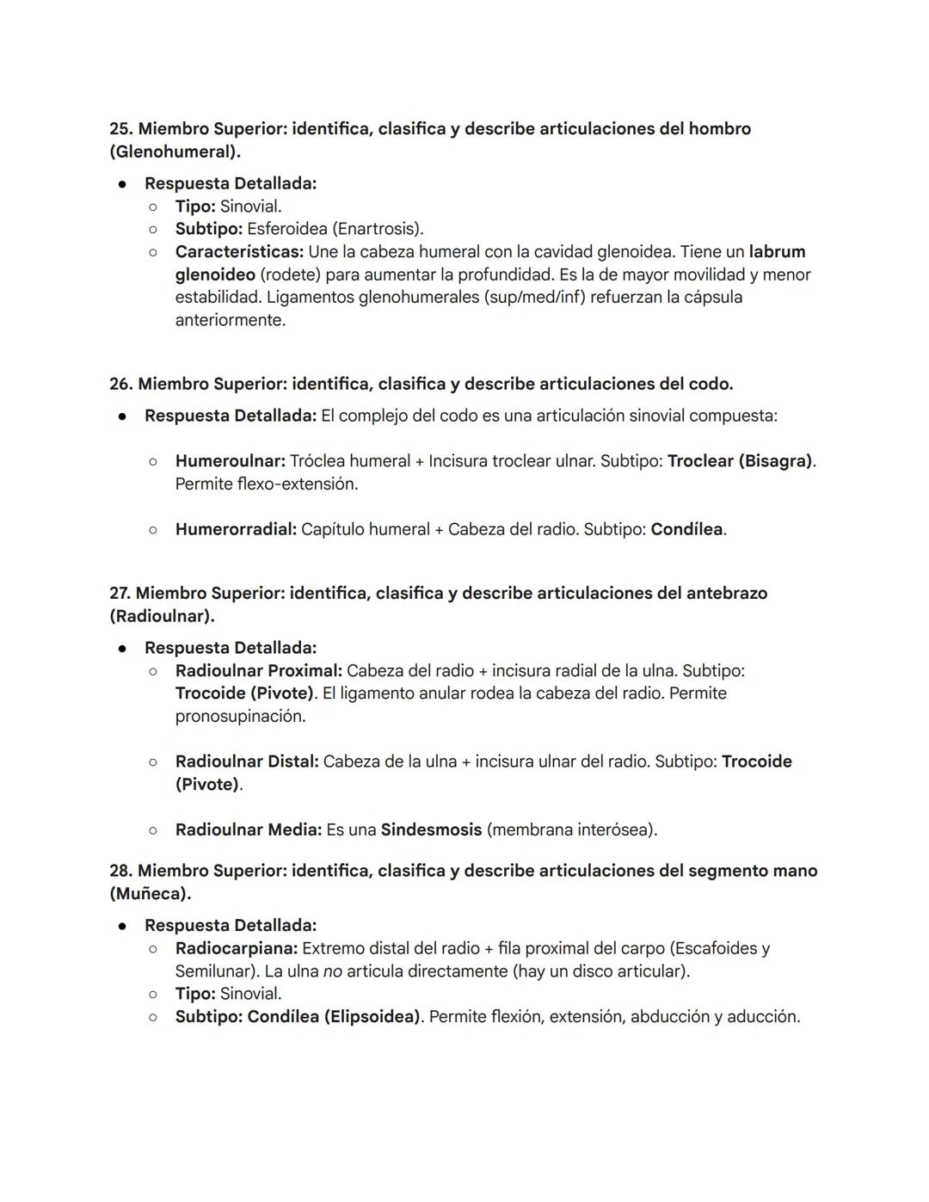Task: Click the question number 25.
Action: [x=120, y=129]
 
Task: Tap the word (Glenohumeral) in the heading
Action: [x=174, y=152]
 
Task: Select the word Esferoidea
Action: [x=286, y=229]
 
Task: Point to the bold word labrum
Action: [x=777, y=252]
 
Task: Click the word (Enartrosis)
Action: [x=378, y=229]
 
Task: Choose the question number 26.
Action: [x=120, y=384]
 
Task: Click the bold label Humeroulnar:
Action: [x=230, y=461]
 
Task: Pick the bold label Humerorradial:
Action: [x=236, y=529]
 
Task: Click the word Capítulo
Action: [x=335, y=529]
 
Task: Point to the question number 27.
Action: [x=120, y=593]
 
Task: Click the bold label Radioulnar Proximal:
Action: [x=258, y=670]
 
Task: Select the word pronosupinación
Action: [x=240, y=716]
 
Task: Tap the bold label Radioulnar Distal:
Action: [x=247, y=761]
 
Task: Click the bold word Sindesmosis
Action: [x=431, y=830]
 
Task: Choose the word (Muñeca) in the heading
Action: [x=150, y=894]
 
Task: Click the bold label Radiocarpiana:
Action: [x=237, y=948]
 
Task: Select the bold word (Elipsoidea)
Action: [x=372, y=1017]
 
